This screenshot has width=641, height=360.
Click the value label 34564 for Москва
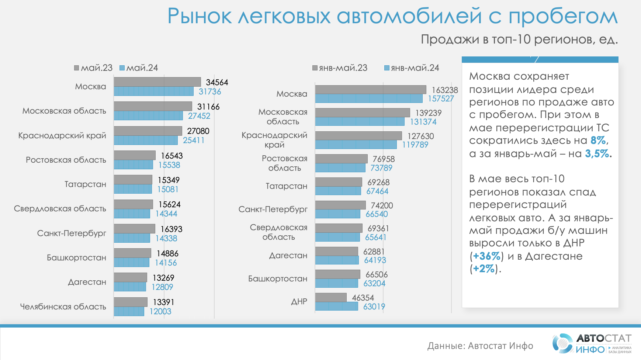click(217, 82)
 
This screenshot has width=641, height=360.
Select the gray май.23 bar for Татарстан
click(133, 180)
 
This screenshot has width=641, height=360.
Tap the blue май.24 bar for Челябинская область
click(129, 311)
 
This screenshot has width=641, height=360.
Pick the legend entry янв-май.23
click(340, 68)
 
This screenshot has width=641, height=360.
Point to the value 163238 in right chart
click(445, 90)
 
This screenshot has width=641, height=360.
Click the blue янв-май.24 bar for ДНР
click(336, 306)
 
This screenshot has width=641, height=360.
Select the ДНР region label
click(299, 302)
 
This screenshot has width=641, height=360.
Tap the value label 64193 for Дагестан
click(375, 260)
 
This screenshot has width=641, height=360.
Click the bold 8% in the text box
click(598, 141)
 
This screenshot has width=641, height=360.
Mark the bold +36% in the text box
click(486, 256)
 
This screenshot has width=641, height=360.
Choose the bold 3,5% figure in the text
click(597, 153)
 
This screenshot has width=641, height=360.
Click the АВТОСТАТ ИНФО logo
click(592, 343)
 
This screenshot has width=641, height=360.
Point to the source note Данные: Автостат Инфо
click(480, 346)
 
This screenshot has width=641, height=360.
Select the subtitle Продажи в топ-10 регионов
click(519, 39)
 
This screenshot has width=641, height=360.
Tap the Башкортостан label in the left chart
click(76, 257)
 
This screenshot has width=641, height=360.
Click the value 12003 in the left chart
click(160, 311)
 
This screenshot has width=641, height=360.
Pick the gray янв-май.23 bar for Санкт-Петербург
click(340, 205)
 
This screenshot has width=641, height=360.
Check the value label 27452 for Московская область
click(199, 116)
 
